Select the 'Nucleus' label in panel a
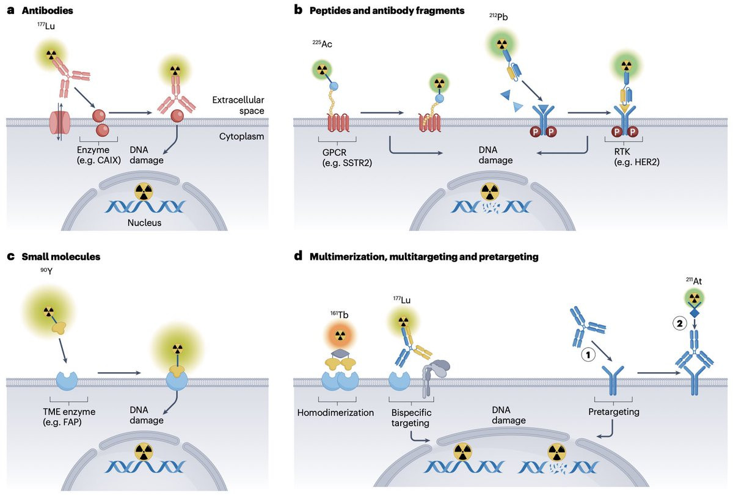coord(144,222)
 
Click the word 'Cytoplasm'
coord(241,136)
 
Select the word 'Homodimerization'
coord(335,412)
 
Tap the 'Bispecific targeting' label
coord(410,417)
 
